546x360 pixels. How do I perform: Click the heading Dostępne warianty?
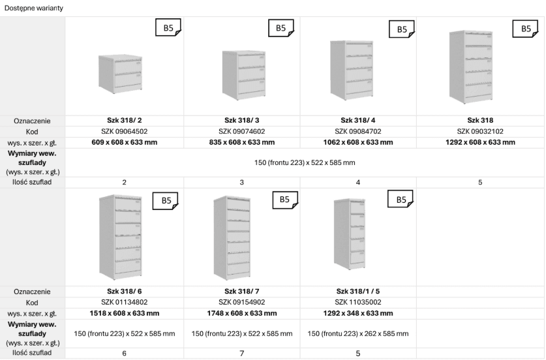point(34,8)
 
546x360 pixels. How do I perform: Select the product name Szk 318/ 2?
point(125,121)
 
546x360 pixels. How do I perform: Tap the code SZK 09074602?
point(241,132)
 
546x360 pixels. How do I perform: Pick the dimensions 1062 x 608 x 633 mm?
point(358,142)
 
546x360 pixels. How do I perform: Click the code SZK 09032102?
point(480,132)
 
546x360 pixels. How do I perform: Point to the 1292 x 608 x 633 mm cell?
point(480,142)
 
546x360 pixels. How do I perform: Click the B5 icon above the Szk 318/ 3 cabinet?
point(281,28)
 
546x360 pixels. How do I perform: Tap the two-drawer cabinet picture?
point(120,74)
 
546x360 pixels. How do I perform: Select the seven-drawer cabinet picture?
point(232,238)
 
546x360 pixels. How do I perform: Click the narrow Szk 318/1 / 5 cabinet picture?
point(350,233)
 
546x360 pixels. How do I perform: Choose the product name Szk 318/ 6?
point(125,292)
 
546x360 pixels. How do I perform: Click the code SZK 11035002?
point(358,302)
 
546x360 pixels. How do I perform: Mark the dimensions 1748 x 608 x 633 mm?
point(241,313)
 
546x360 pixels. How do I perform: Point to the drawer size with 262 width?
point(358,333)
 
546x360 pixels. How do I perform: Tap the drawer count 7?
point(241,353)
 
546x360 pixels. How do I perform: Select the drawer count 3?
point(241,182)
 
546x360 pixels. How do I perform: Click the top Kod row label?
point(32,132)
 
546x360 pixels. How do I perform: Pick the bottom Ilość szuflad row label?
point(32,353)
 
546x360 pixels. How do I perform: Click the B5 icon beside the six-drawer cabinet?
point(166,200)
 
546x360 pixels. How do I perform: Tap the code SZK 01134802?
point(125,302)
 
